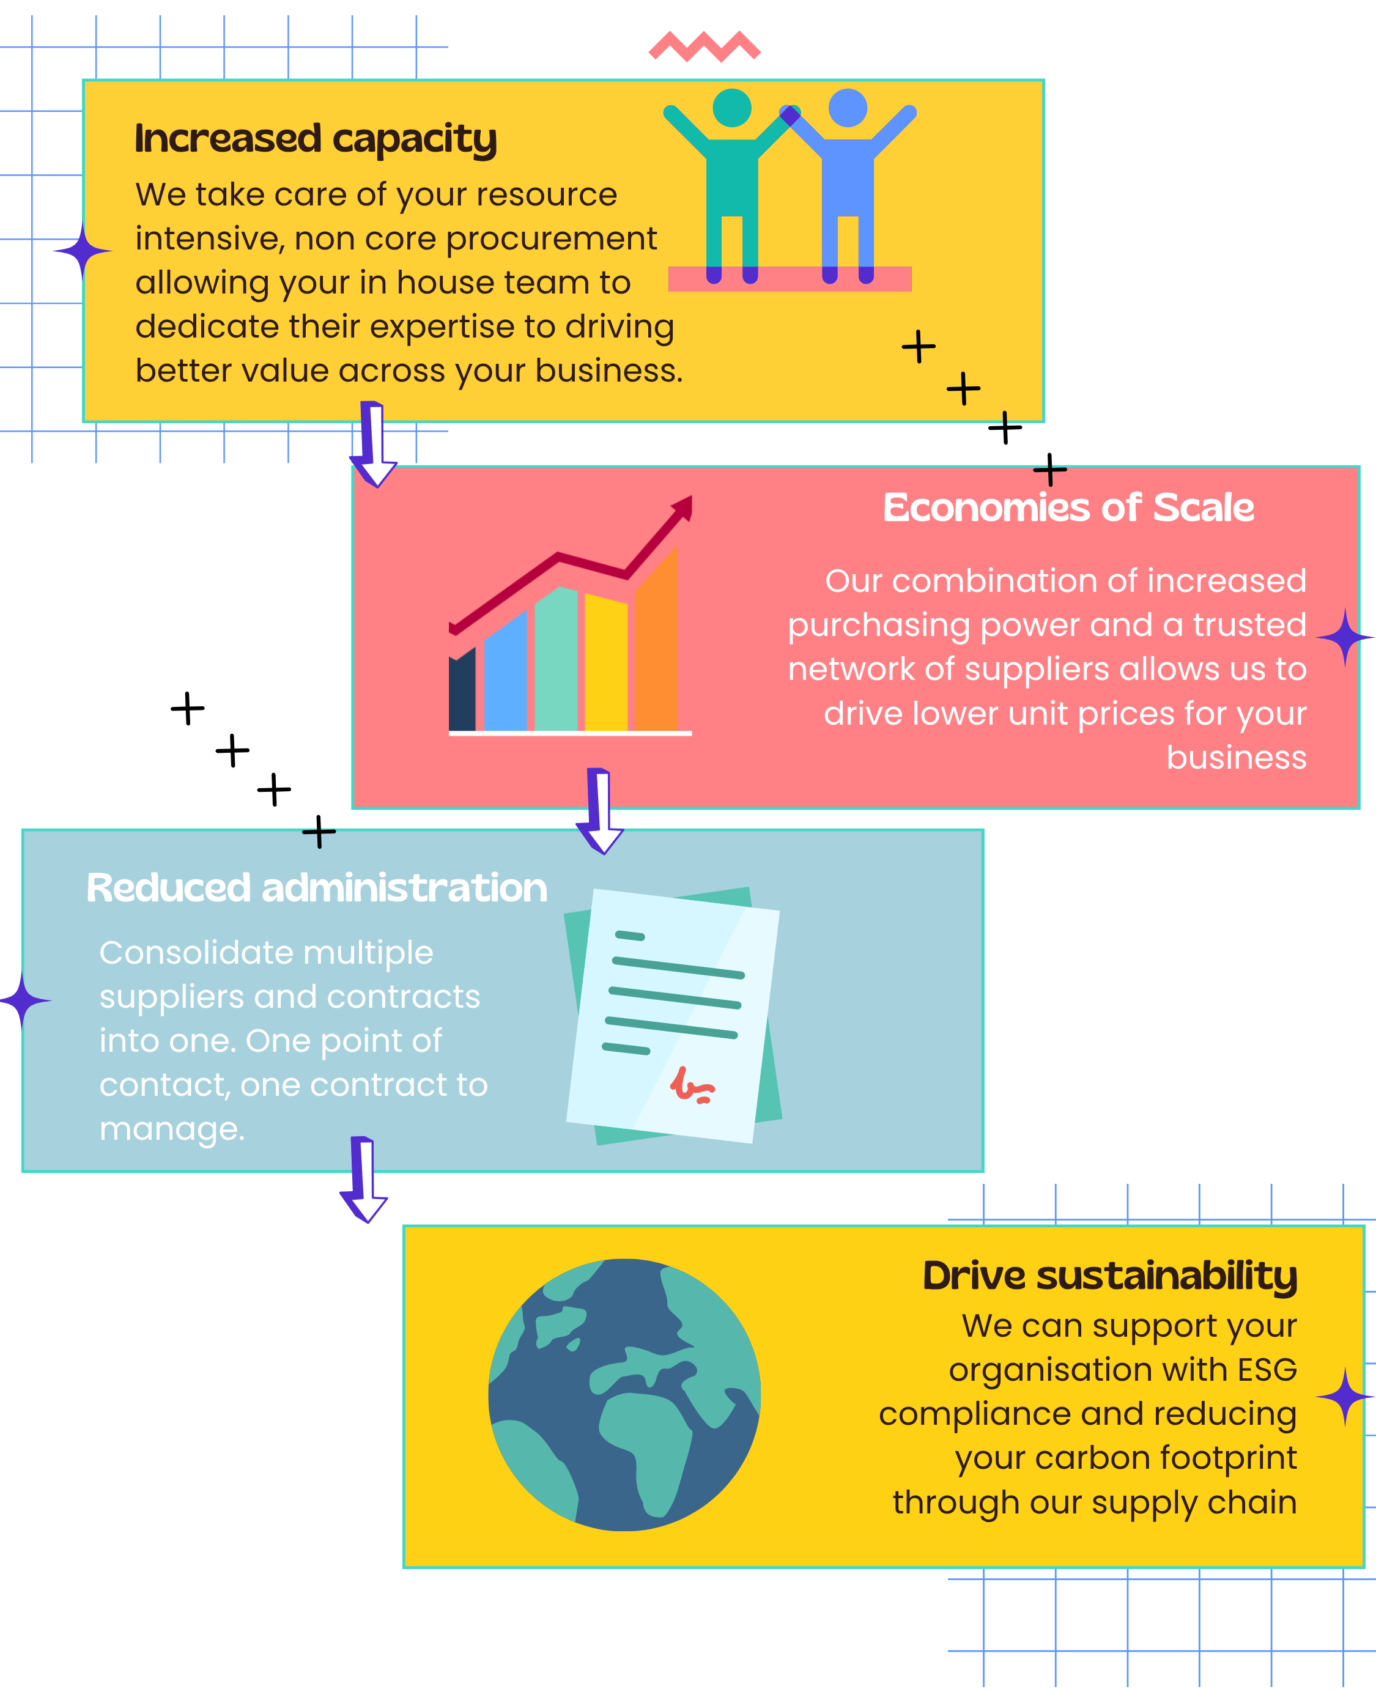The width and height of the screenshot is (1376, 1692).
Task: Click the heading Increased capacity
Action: coord(316,139)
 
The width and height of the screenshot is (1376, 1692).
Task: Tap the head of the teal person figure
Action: coord(731,107)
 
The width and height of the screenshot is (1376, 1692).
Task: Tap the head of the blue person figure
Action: coord(848,107)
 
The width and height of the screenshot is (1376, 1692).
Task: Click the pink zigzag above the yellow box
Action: coord(704,46)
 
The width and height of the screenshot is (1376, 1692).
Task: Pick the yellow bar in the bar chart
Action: coord(605,662)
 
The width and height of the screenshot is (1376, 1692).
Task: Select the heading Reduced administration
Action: coord(316,888)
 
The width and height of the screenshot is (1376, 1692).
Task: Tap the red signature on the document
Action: coord(691,1087)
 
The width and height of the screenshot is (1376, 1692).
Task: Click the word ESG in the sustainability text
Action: coord(1267,1370)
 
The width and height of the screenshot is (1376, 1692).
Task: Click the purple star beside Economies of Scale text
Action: coord(1344,637)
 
